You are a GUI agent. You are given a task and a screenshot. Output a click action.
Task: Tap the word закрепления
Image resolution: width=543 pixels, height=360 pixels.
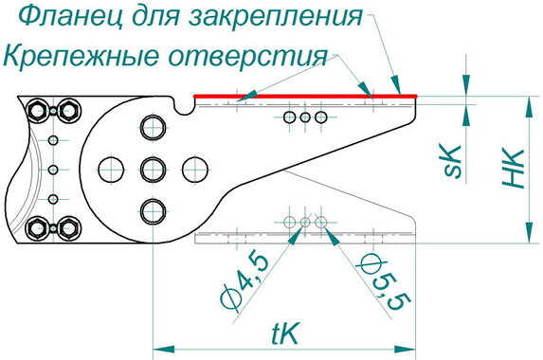click(x=276, y=17)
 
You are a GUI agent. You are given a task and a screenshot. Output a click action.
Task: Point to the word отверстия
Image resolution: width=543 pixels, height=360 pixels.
click(x=247, y=55)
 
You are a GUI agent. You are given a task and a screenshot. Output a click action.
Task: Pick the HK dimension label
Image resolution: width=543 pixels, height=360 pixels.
click(x=514, y=169)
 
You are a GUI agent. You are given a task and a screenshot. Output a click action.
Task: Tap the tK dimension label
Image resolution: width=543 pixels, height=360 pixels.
click(x=284, y=333)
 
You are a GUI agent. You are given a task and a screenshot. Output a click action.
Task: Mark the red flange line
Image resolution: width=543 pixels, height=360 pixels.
click(x=305, y=96)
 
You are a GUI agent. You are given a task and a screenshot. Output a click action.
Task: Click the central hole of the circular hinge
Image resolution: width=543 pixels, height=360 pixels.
click(x=153, y=170)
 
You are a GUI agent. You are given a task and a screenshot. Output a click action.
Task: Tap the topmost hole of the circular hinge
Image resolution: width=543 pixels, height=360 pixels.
click(x=153, y=127)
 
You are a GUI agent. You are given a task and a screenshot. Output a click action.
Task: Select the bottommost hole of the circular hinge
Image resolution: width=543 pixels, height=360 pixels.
click(x=153, y=211)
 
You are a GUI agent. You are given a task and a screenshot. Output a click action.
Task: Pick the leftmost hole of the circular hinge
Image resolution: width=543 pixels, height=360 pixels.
click(x=111, y=170)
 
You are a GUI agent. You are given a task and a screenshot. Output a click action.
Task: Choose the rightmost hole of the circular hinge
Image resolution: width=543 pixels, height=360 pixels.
click(x=195, y=170)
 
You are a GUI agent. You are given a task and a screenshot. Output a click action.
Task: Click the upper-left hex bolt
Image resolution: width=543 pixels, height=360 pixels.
click(x=37, y=111)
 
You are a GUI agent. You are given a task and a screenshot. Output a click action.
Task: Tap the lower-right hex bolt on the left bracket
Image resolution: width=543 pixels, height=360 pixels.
click(x=70, y=228)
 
